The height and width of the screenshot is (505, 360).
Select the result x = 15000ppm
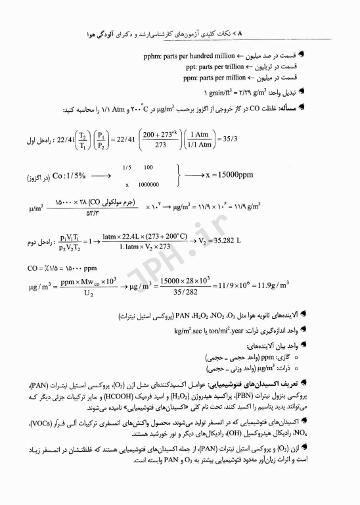point(238,177)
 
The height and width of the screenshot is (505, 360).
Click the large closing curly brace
point(178,176)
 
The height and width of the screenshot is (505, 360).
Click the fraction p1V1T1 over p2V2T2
point(74,241)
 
